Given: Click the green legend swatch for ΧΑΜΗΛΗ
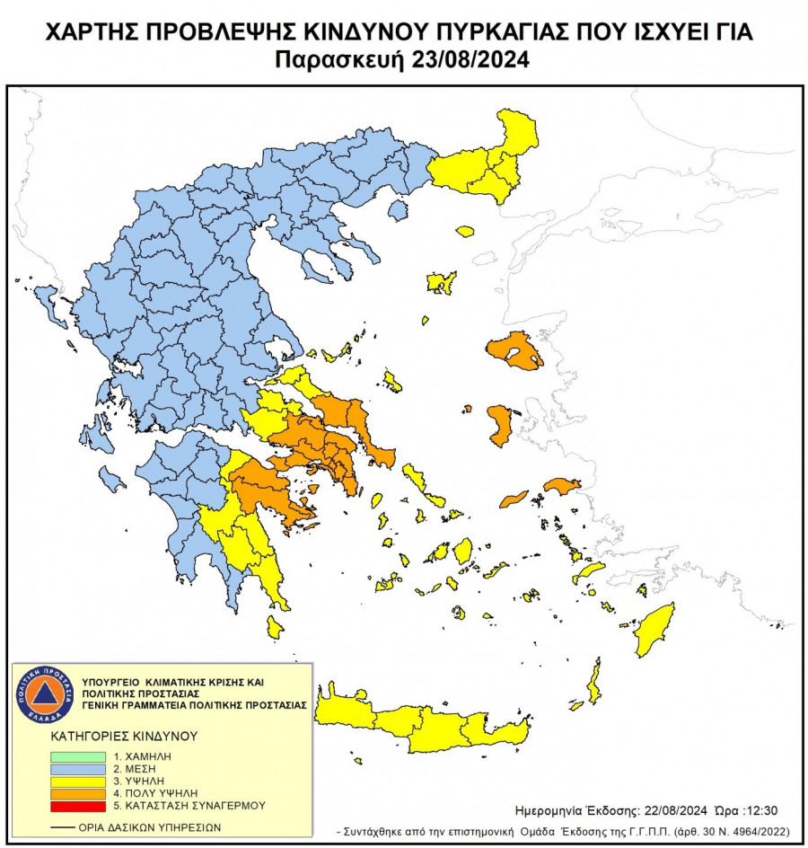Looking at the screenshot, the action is (x=77, y=757).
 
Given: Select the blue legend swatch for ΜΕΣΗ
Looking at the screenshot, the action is (x=77, y=770).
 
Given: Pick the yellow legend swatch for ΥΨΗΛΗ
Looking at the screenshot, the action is (x=77, y=782).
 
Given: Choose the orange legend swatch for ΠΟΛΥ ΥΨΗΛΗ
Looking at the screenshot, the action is (x=77, y=794).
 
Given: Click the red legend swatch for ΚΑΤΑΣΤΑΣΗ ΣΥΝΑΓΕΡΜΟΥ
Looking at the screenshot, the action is (x=77, y=806).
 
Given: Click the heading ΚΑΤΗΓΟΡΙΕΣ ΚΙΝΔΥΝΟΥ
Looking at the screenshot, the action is (x=124, y=736).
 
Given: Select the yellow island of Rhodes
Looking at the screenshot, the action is (x=654, y=629).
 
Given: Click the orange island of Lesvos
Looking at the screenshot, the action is (x=514, y=352).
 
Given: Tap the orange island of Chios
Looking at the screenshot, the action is (x=500, y=425).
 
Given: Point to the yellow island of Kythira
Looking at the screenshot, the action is (x=275, y=626).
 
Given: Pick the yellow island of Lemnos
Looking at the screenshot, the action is (x=441, y=283).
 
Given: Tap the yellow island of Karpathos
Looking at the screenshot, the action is (x=593, y=681).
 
